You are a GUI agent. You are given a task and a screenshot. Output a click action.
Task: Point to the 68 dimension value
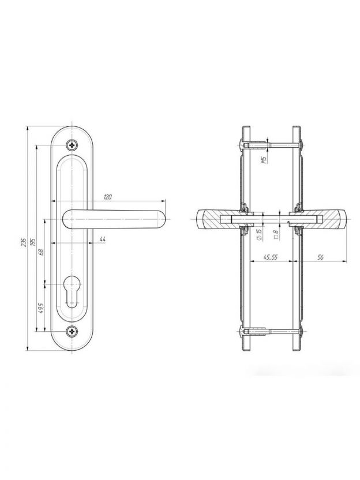[40, 252]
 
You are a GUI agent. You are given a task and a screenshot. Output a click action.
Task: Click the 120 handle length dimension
[107, 197]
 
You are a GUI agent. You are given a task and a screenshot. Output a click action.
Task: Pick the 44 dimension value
[102, 239]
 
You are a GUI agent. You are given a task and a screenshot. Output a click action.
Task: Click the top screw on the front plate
[72, 145]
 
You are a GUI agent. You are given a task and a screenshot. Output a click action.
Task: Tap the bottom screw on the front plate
[72, 331]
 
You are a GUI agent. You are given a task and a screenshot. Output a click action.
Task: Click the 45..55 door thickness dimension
[268, 258]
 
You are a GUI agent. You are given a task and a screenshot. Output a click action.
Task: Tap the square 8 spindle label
[276, 234]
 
